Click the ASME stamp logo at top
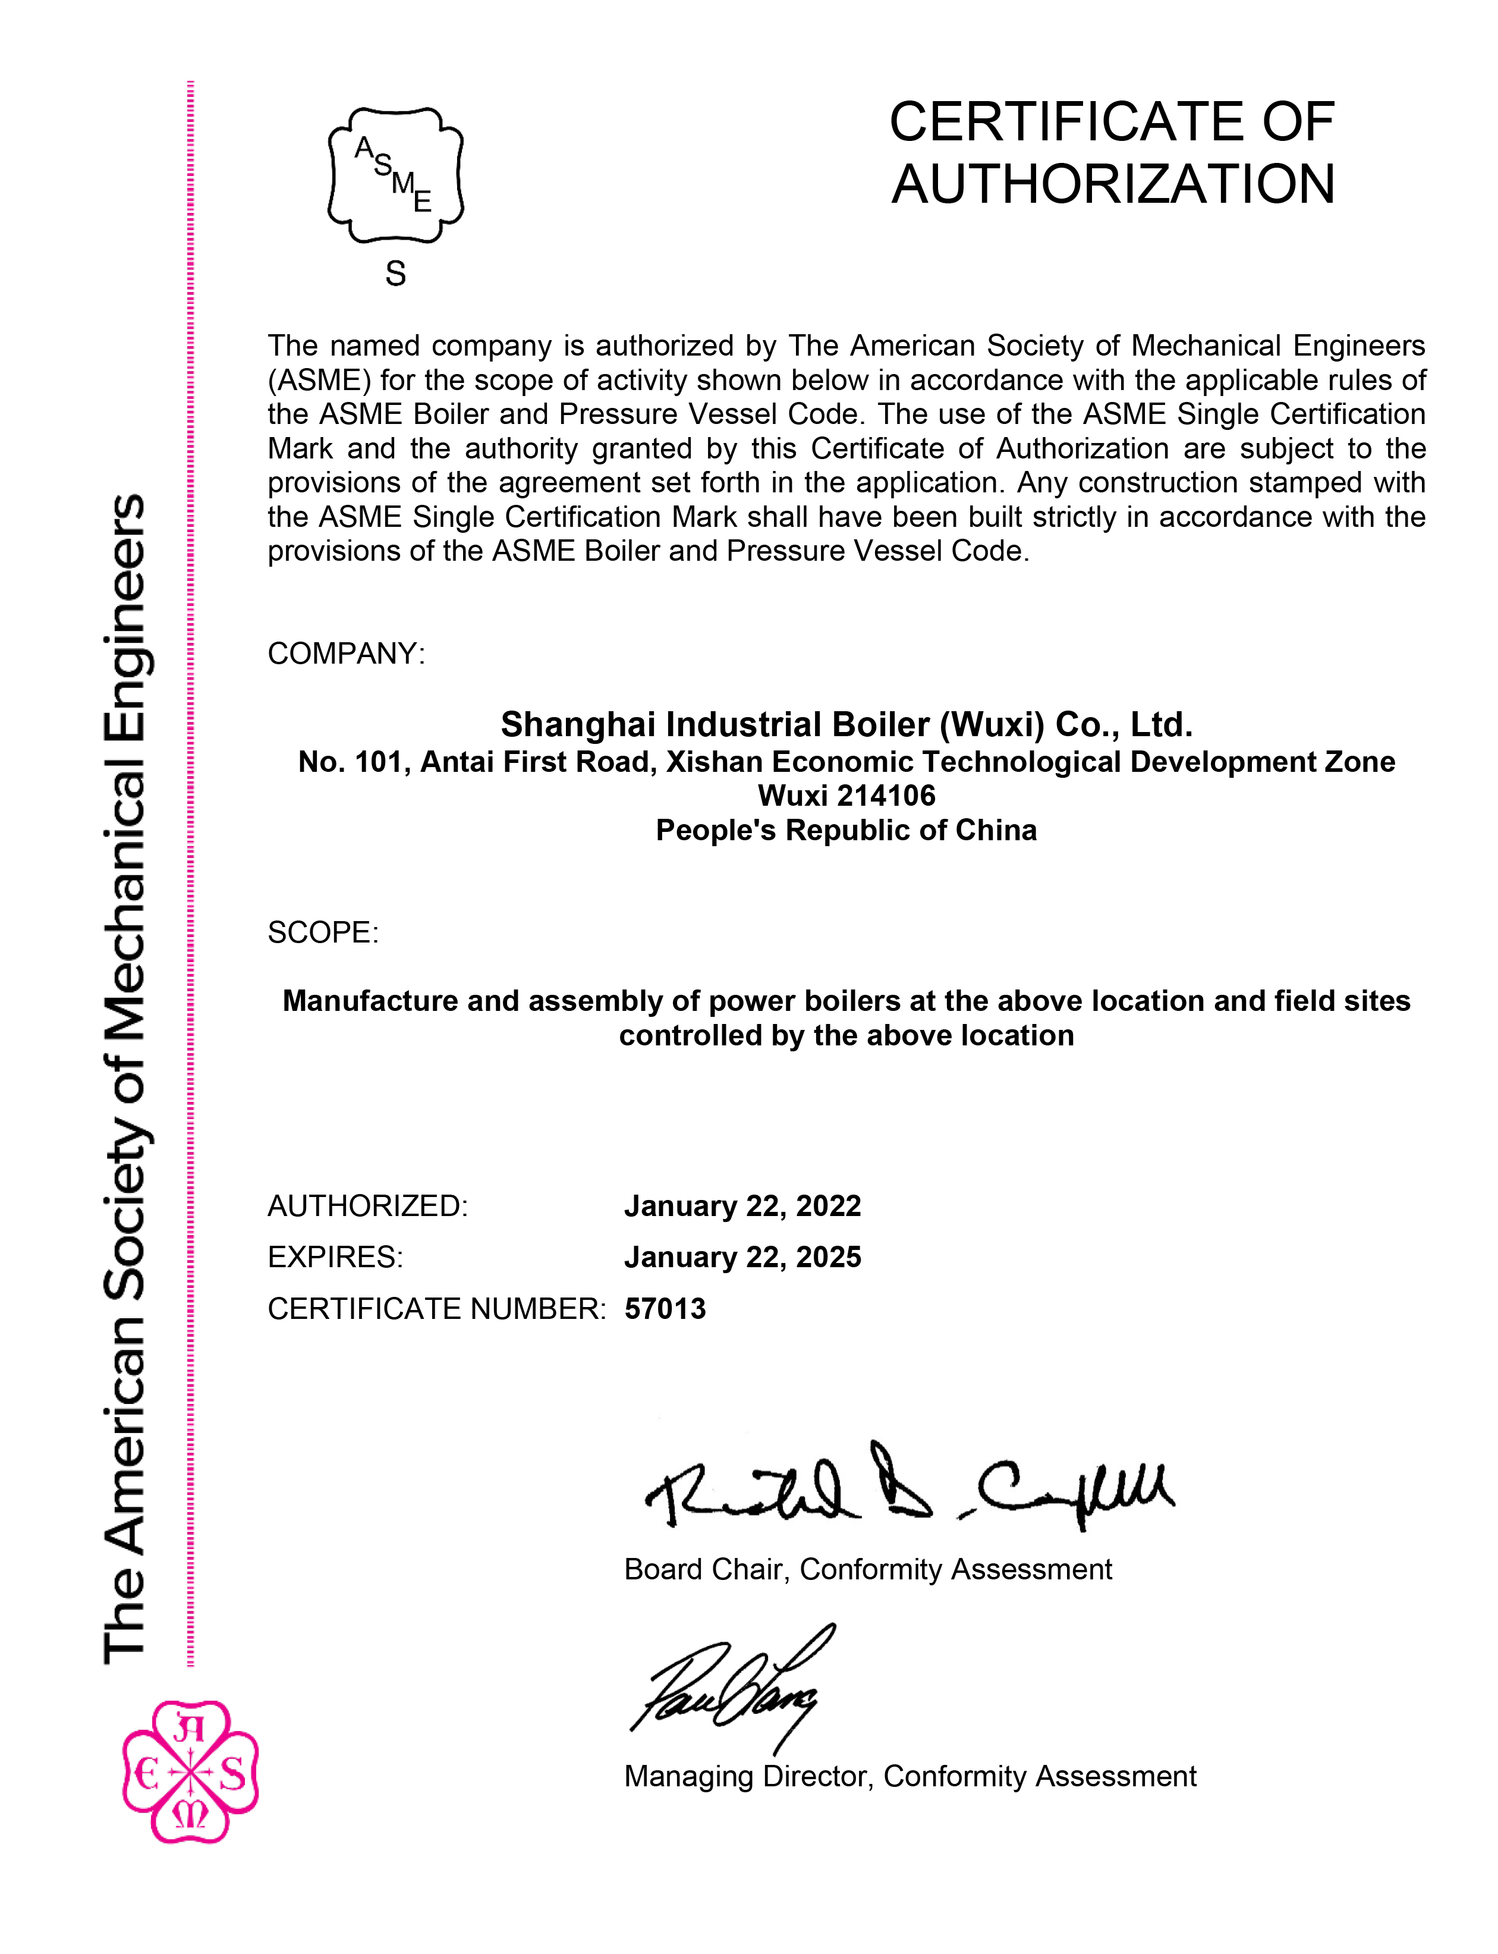pyautogui.click(x=396, y=175)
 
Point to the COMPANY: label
pyautogui.click(x=346, y=654)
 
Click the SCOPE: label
pyautogui.click(x=323, y=933)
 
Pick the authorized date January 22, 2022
pyautogui.click(x=742, y=1206)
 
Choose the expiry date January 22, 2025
pyautogui.click(x=742, y=1258)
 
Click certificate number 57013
pyautogui.click(x=665, y=1309)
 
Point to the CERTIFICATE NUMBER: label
pyautogui.click(x=436, y=1309)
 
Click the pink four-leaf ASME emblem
pyautogui.click(x=190, y=1772)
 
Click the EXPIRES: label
pyautogui.click(x=335, y=1258)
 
